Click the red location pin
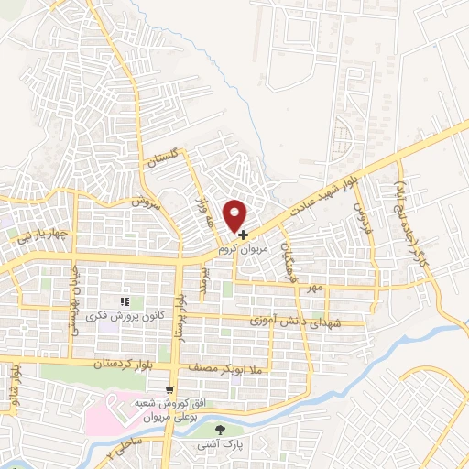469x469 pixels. point(237,214)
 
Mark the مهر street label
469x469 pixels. point(316,288)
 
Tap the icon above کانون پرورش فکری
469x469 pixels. point(126,302)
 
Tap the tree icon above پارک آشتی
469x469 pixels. point(220,429)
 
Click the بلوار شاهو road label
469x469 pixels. point(16,381)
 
